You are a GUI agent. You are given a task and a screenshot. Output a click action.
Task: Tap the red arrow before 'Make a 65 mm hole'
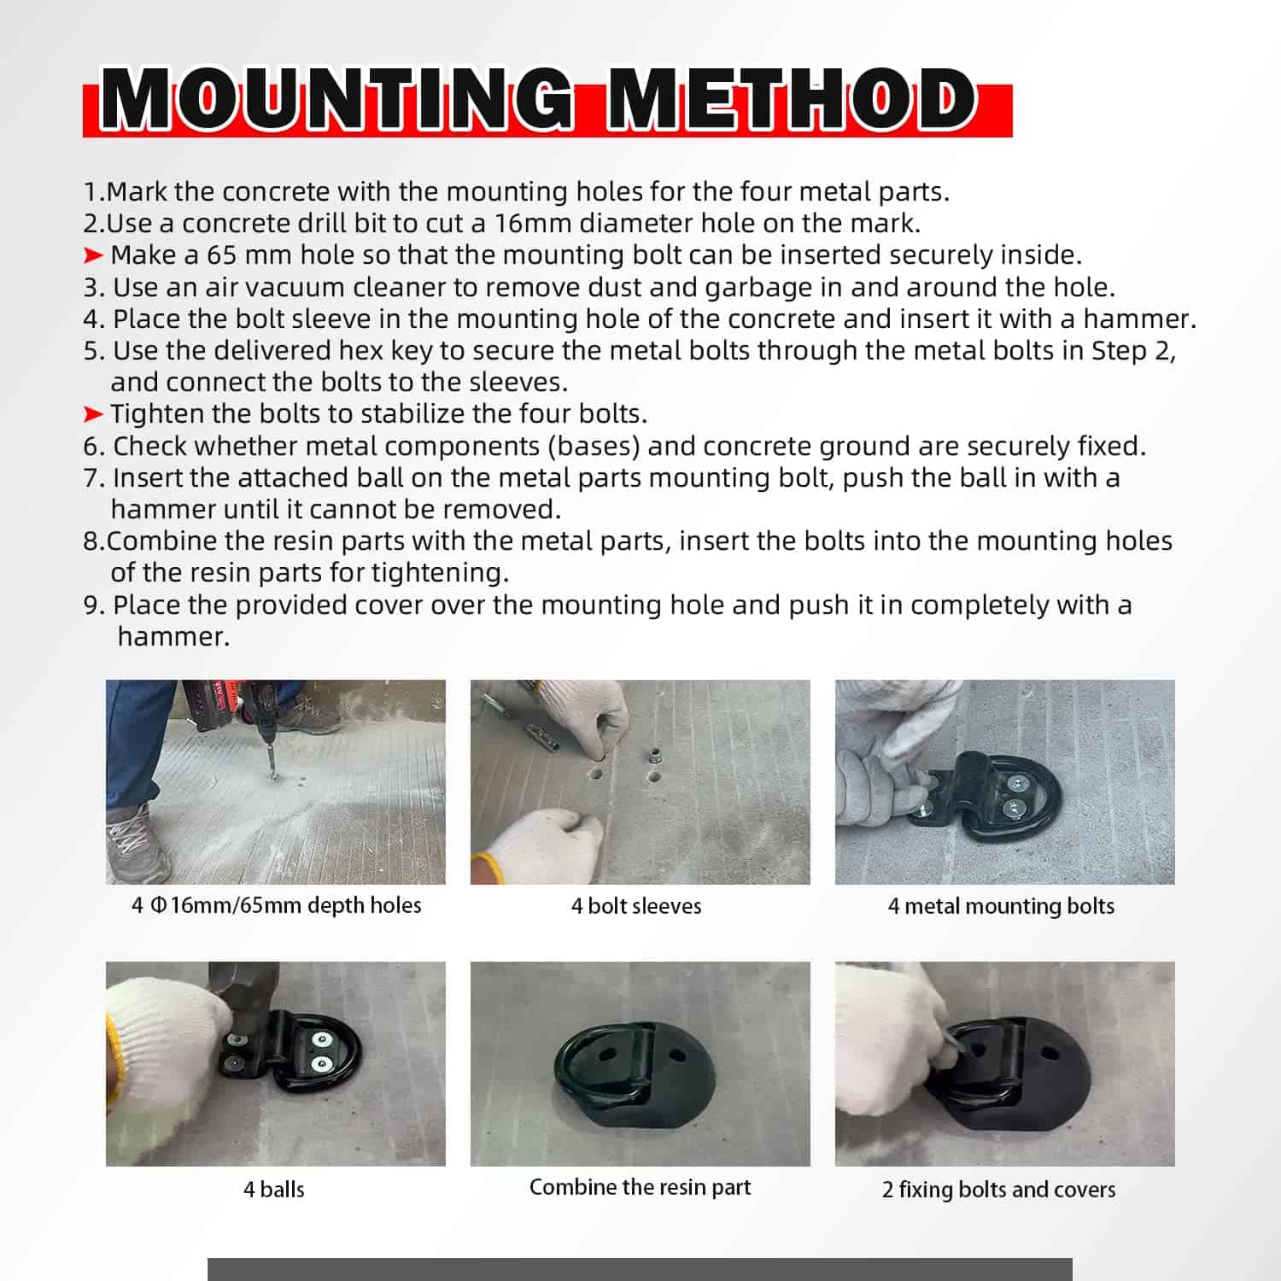93,255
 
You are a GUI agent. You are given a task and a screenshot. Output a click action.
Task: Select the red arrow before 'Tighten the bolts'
93,414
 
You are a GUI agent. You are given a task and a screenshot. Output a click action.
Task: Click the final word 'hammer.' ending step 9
173,636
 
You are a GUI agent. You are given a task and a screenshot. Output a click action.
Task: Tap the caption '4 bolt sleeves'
636,906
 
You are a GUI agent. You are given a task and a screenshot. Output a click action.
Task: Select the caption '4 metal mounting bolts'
1001,906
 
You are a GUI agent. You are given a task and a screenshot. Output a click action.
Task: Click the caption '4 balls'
274,1189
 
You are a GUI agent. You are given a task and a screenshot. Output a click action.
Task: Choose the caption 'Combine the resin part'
640,1187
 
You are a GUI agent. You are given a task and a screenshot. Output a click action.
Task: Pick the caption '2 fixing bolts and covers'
998,1189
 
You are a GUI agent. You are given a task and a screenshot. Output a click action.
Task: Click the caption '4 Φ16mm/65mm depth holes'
276,905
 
